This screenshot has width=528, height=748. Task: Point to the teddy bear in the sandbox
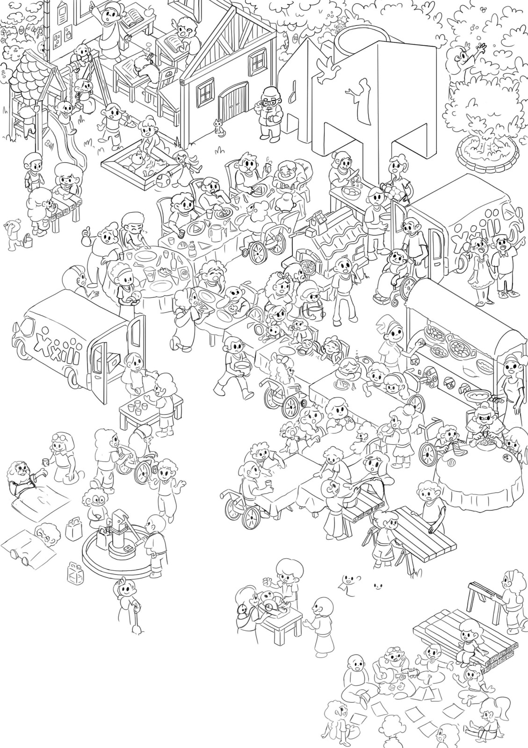(x=136, y=159)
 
